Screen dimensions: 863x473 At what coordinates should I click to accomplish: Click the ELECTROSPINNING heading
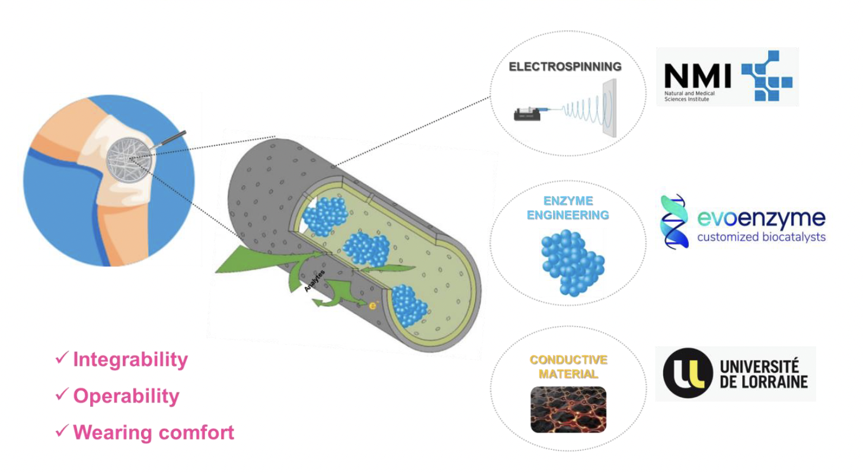pyautogui.click(x=565, y=66)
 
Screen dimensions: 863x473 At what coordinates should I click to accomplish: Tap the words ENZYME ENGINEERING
pyautogui.click(x=568, y=208)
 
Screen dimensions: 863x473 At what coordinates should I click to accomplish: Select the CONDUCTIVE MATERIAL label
pyautogui.click(x=568, y=367)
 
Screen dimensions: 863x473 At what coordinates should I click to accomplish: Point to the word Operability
pyautogui.click(x=126, y=397)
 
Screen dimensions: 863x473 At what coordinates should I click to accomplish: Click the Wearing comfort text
pyautogui.click(x=154, y=432)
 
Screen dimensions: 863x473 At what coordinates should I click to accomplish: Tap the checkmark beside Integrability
pyautogui.click(x=62, y=357)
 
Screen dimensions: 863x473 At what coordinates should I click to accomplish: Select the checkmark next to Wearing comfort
pyautogui.click(x=62, y=430)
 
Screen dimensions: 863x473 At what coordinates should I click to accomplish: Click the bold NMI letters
pyautogui.click(x=698, y=76)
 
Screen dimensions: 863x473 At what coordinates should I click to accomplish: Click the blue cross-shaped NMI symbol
pyautogui.click(x=767, y=76)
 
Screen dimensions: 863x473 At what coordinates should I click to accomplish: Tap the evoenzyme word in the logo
pyautogui.click(x=761, y=218)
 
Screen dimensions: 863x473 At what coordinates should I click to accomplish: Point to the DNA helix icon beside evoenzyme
pyautogui.click(x=675, y=222)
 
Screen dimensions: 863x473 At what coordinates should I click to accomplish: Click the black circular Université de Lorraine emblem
pyautogui.click(x=688, y=373)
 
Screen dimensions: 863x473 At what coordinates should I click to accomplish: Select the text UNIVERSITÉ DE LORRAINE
pyautogui.click(x=763, y=373)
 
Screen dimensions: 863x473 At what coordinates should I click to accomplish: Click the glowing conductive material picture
pyautogui.click(x=568, y=410)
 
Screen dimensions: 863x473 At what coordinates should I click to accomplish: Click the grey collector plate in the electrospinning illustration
pyautogui.click(x=610, y=108)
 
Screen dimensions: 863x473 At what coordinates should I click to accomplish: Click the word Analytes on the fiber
pyautogui.click(x=314, y=281)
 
